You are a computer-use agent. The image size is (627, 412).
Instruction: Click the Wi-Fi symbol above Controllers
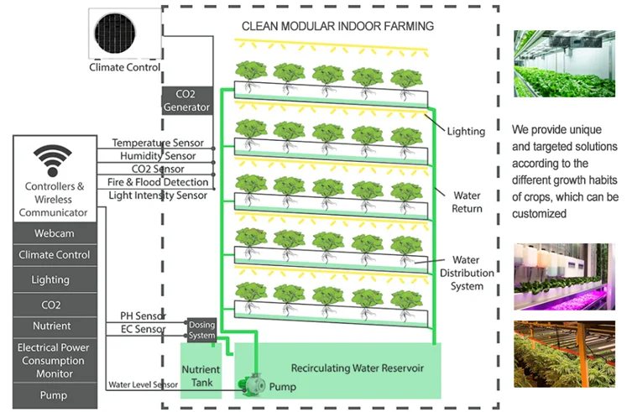pos(53,159)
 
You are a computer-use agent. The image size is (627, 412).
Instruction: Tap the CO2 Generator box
pos(186,101)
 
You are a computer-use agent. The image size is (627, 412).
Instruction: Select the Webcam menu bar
pos(53,231)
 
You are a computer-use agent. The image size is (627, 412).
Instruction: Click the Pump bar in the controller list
pos(53,394)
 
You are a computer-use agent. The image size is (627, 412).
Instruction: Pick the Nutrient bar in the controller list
pos(53,326)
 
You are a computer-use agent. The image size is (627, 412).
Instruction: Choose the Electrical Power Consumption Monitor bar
pos(53,360)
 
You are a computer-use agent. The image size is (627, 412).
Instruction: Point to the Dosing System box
pos(201,330)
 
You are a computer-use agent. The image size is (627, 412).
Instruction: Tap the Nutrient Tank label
pos(201,375)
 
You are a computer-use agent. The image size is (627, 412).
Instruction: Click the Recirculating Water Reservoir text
pos(357,368)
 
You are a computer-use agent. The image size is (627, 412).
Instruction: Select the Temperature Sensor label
pos(153,143)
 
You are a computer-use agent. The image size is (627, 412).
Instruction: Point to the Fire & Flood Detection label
pos(158,182)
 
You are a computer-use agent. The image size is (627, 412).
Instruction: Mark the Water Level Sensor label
pos(142,385)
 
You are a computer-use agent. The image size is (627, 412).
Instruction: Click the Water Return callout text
pos(466,201)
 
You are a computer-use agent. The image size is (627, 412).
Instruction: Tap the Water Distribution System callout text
pos(467,274)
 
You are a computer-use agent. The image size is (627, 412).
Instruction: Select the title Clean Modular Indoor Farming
pos(337,26)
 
